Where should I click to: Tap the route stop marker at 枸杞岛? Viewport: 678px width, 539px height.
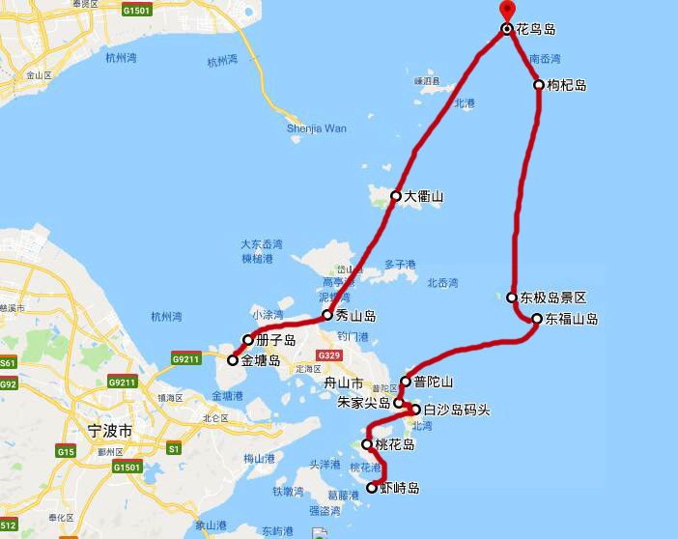coord(539,85)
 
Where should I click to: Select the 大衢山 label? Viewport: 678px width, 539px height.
coord(423,196)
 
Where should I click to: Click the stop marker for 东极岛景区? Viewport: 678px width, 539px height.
coord(511,298)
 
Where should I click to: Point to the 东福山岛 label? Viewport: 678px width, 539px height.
coord(571,319)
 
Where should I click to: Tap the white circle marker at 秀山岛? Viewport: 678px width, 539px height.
coord(327,315)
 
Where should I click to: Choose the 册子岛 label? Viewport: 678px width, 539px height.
coord(275,339)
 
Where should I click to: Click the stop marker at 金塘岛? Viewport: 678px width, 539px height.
coord(232,360)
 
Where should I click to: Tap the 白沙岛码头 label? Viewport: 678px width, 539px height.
coord(456,411)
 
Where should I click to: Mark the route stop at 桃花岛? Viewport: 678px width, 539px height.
coord(367,444)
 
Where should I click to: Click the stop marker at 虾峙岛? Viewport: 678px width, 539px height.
coord(372,489)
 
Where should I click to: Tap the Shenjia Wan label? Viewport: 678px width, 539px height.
coord(316,128)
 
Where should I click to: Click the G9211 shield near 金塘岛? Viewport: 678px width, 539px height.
coord(185,357)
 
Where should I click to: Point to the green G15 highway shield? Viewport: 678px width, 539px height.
coord(66,451)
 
